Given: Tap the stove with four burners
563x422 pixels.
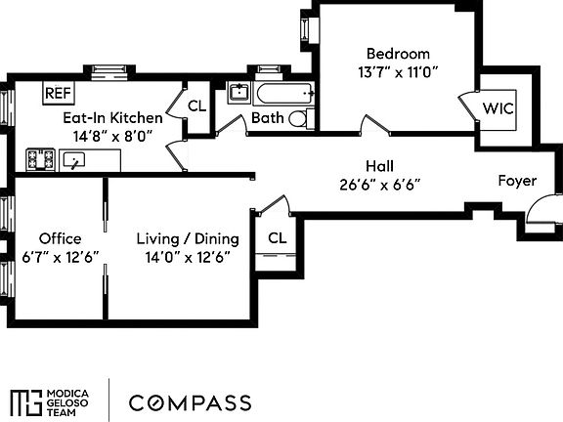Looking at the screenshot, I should click(40, 158).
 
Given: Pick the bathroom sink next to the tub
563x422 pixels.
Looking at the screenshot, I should click(238, 94).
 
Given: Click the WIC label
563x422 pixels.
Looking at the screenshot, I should click(498, 108).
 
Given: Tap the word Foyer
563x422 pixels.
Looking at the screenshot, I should click(517, 181).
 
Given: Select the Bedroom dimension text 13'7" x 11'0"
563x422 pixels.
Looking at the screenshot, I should click(398, 71).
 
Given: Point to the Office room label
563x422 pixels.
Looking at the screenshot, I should click(60, 238).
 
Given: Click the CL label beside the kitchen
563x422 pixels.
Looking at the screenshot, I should click(196, 106).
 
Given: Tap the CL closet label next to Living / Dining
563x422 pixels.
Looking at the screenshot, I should click(277, 237).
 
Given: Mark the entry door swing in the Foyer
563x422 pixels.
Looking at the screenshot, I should click(538, 215).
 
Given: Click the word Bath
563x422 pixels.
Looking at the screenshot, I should click(267, 118).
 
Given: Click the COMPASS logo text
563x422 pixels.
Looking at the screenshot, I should click(191, 402).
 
